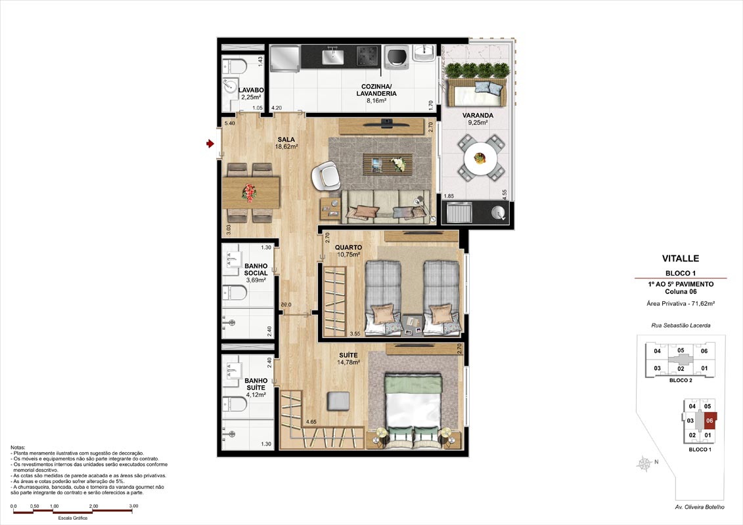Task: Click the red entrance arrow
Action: click(x=210, y=144)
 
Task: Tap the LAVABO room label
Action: click(x=251, y=90)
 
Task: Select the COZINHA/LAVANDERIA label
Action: click(x=376, y=90)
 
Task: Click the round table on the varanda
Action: click(x=480, y=159)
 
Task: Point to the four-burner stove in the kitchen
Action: click(x=368, y=56)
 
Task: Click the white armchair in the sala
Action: click(x=326, y=176)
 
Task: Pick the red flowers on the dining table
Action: click(x=249, y=192)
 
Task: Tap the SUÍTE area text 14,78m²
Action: click(x=348, y=363)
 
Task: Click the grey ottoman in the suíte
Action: click(x=338, y=401)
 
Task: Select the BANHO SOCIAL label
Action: click(x=256, y=269)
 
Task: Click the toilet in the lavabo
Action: click(x=235, y=66)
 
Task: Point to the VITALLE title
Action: click(x=681, y=259)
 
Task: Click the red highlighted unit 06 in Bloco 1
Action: click(x=709, y=421)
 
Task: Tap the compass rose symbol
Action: click(x=644, y=464)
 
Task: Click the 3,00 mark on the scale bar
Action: click(x=133, y=506)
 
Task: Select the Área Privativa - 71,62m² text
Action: click(x=681, y=303)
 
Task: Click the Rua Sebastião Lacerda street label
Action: click(x=681, y=325)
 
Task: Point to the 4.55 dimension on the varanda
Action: click(x=505, y=194)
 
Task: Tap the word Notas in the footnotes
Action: click(x=18, y=448)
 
